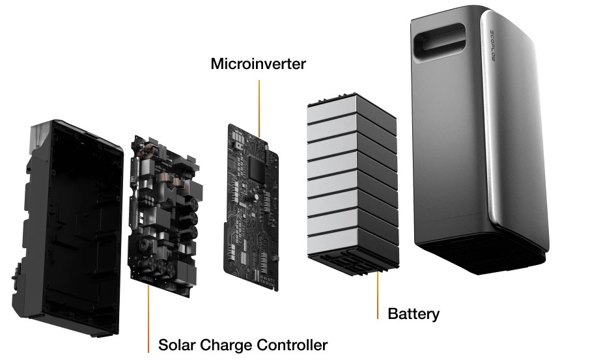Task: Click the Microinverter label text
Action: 258,64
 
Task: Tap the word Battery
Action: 414,314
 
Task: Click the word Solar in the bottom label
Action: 176,345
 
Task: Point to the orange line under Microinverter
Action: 259,108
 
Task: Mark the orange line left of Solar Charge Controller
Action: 148,319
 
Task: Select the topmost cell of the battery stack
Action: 352,110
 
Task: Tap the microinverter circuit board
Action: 251,207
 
